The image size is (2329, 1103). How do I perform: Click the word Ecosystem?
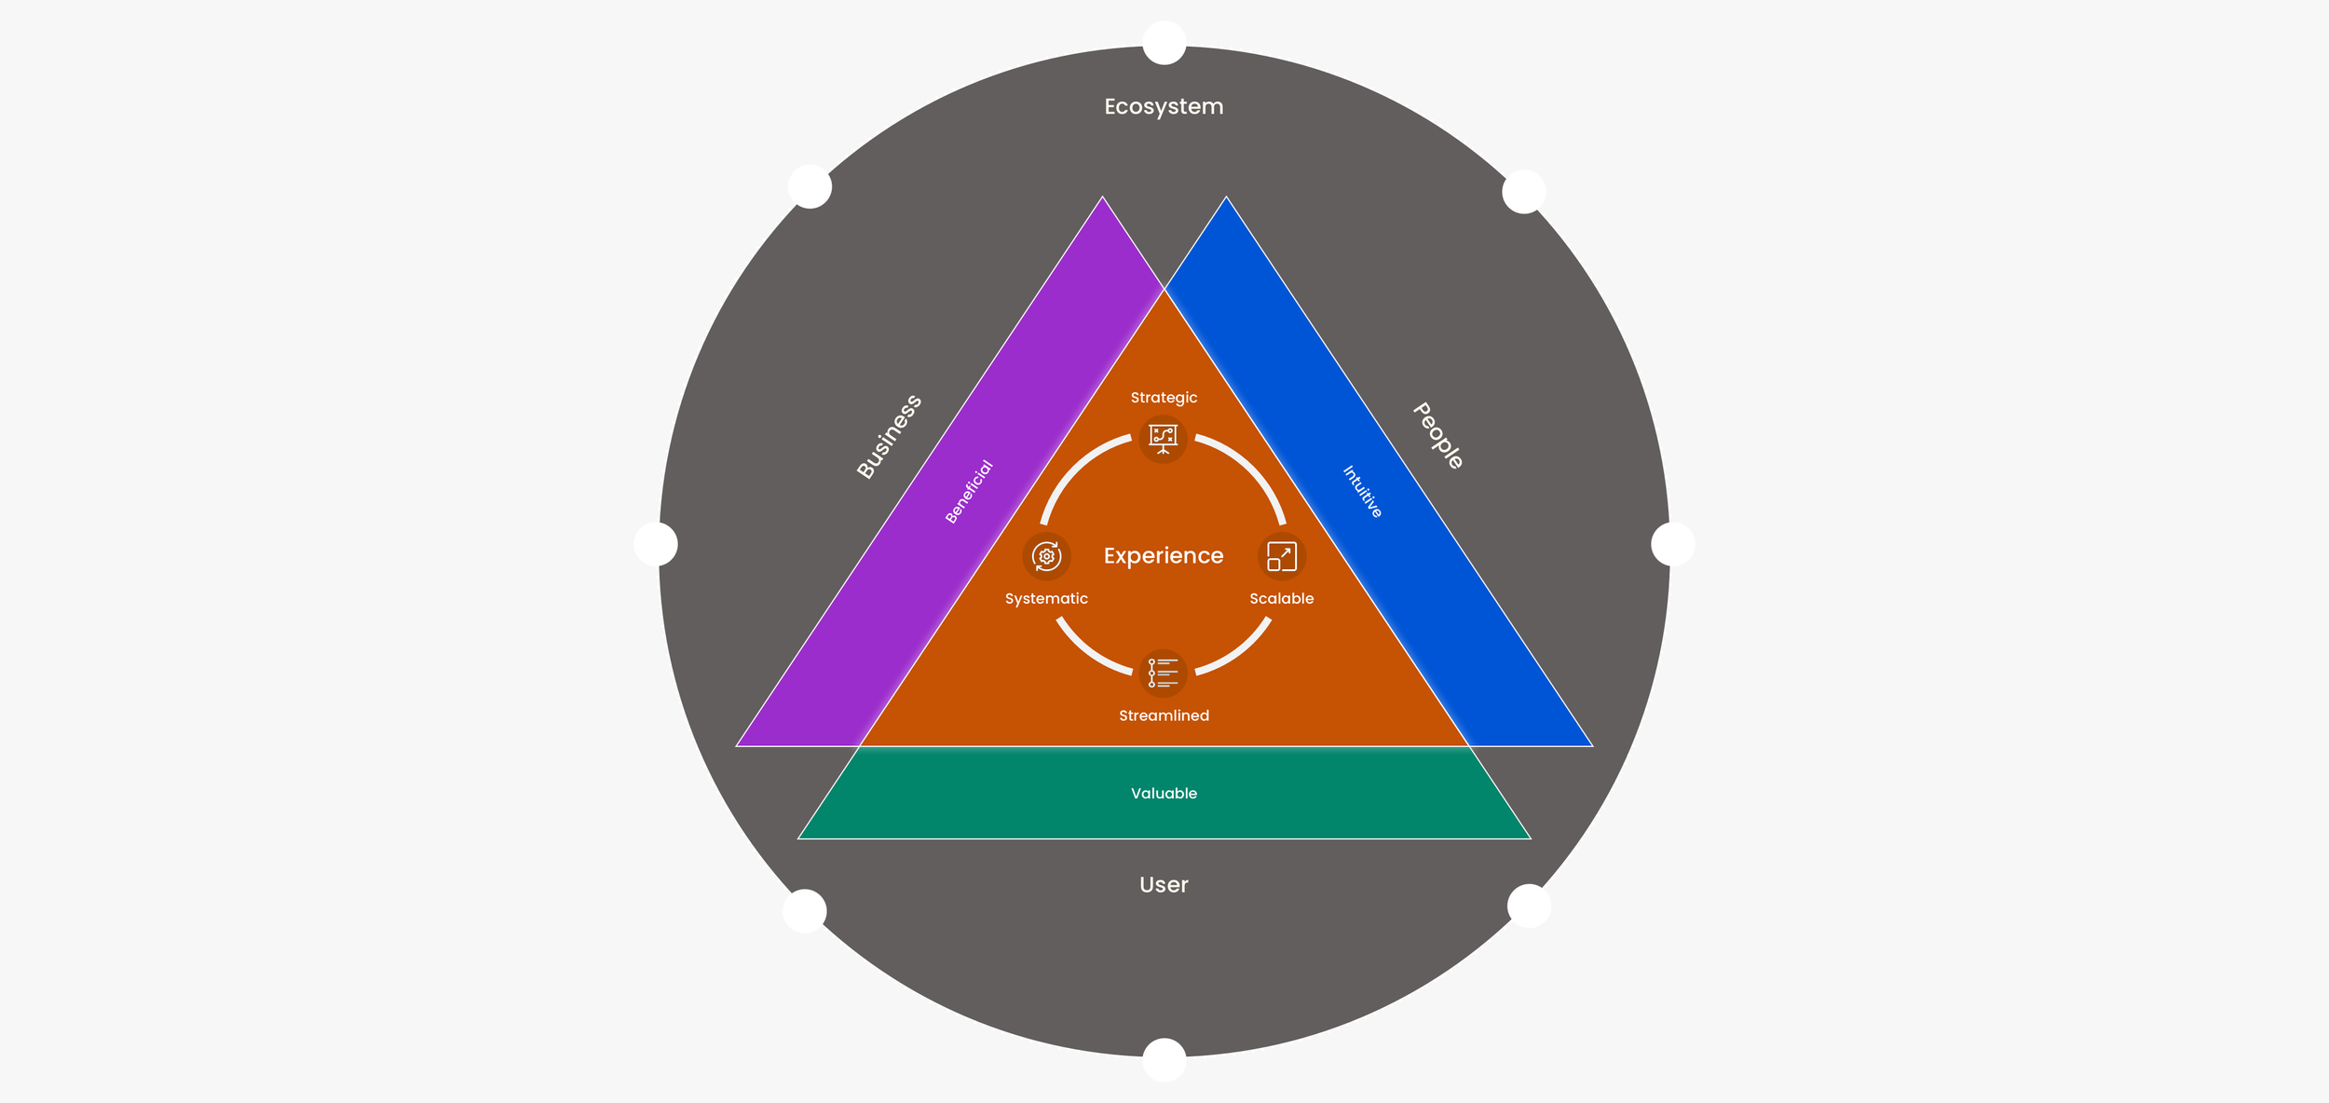tap(1164, 106)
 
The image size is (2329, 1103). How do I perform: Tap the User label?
tap(1164, 884)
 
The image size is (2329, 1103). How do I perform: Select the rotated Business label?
tap(889, 437)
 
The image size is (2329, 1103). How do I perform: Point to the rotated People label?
tap(1438, 435)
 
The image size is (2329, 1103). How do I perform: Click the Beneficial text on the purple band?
tap(969, 491)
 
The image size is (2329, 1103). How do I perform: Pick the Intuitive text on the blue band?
tap(1362, 491)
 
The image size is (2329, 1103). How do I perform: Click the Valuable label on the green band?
tap(1164, 793)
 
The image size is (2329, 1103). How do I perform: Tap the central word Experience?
tap(1164, 555)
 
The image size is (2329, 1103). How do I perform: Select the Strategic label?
tap(1164, 398)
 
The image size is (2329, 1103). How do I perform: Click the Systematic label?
tap(1046, 598)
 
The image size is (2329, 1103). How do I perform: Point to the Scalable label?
tap(1281, 598)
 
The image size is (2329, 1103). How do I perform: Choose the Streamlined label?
tap(1164, 715)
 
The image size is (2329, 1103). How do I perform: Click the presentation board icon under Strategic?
tap(1163, 438)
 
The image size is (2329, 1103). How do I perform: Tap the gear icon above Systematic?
tap(1046, 556)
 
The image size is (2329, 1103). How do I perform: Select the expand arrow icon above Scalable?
tap(1281, 556)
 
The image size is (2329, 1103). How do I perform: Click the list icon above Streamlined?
tap(1163, 673)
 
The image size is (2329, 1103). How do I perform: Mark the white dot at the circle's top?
tap(1164, 43)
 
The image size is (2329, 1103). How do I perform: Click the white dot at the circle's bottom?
tap(1164, 1059)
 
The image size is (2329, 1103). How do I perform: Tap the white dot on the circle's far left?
tap(656, 544)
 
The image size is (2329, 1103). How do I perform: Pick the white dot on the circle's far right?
tap(1672, 544)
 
